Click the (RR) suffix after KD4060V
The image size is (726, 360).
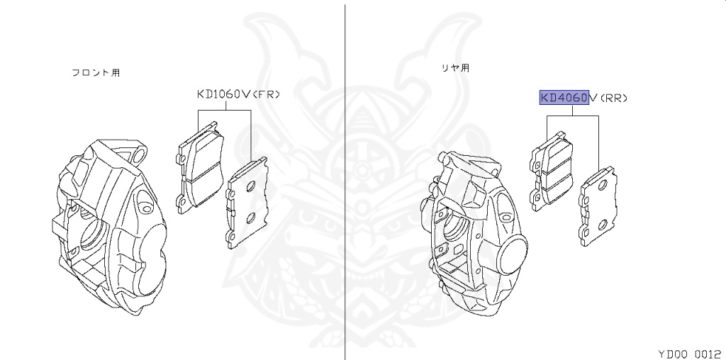tap(614, 99)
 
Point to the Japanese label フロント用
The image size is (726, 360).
tap(95, 72)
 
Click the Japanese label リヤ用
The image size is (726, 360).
tap(454, 69)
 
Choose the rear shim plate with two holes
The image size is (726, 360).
tap(597, 206)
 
